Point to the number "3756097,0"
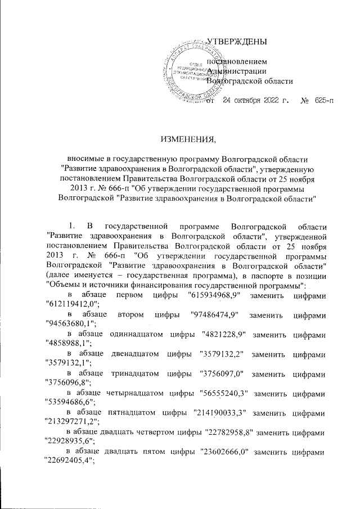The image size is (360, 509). click(x=220, y=376)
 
